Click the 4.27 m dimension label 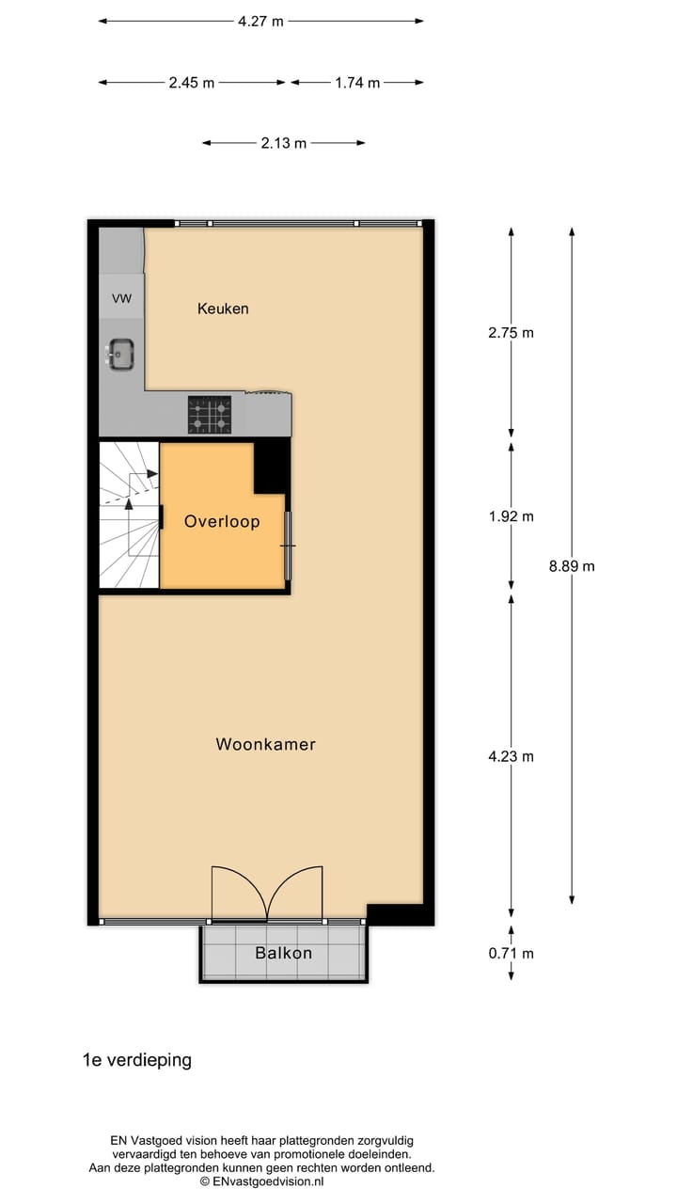coord(260,22)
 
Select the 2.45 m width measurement coord(192,83)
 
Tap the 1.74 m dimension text coord(357,83)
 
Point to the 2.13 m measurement coord(284,143)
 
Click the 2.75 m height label coord(511,332)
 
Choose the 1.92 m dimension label coord(511,516)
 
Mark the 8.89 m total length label coord(572,566)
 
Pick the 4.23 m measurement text coord(511,756)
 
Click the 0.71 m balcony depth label coord(511,954)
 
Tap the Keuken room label coord(223,309)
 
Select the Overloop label coord(222,521)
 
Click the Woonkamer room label coord(266,744)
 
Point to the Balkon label coord(283,953)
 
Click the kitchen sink coord(120,355)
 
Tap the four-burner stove coord(210,415)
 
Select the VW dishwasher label coord(121,299)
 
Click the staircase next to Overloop coord(129,515)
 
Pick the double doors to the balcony coord(268,894)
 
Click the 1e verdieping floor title coord(137,1060)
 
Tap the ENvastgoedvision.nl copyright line coord(261,1180)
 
